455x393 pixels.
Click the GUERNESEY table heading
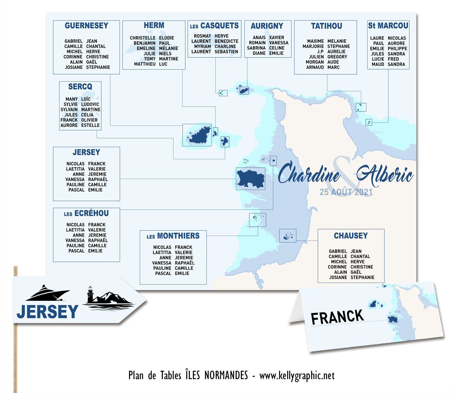click(86, 26)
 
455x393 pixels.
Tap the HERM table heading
click(154, 25)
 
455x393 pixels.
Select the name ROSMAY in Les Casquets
click(202, 36)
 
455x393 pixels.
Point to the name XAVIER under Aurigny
click(276, 38)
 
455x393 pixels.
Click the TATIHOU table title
click(326, 26)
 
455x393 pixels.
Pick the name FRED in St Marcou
click(393, 59)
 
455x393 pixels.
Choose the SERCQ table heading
click(80, 87)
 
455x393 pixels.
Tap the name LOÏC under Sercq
click(86, 99)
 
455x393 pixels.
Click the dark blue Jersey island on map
click(250, 179)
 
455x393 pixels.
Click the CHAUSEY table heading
click(351, 236)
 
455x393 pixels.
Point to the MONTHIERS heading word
click(178, 236)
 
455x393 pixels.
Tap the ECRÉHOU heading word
click(91, 214)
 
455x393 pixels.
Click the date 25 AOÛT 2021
click(346, 192)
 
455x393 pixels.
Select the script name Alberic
click(385, 174)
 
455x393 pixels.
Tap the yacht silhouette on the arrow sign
click(48, 293)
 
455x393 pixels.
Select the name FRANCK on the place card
click(337, 316)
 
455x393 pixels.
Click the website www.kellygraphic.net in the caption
click(297, 376)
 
